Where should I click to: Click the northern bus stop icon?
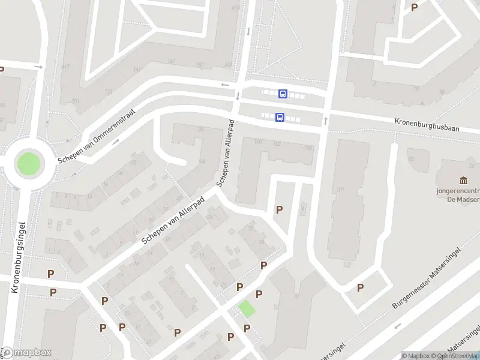click(x=283, y=94)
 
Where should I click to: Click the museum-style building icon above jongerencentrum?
click(x=463, y=181)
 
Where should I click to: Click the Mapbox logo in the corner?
click(x=26, y=353)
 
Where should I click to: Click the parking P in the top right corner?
click(x=414, y=7)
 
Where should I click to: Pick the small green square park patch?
click(x=246, y=309)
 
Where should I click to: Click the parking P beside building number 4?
click(x=279, y=209)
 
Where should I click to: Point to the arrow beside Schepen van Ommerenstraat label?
click(x=116, y=142)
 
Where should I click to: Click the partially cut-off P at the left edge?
click(x=2, y=70)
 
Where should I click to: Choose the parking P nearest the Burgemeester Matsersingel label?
click(x=360, y=287)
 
